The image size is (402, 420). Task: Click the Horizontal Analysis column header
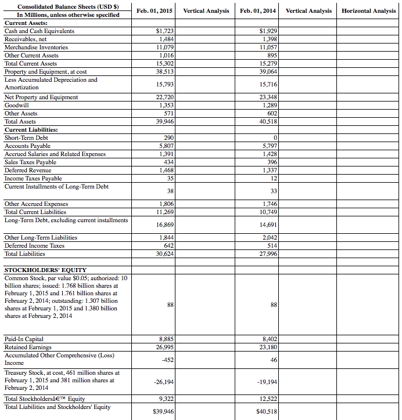click(x=369, y=11)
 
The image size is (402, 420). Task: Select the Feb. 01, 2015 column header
click(x=154, y=11)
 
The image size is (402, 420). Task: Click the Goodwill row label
click(x=17, y=105)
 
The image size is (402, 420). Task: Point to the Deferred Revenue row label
click(x=28, y=170)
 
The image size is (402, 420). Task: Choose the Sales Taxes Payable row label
click(x=30, y=162)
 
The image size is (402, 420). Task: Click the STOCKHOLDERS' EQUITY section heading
click(x=45, y=270)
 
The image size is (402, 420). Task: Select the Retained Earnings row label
click(x=28, y=347)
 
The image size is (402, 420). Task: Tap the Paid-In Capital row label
click(x=24, y=339)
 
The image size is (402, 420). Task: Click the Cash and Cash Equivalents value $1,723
click(x=165, y=31)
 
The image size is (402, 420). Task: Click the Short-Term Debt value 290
click(x=168, y=137)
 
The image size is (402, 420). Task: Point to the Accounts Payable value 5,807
click(x=166, y=146)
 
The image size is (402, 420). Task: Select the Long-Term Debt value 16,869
click(x=164, y=224)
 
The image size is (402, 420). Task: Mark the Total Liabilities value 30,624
click(x=164, y=254)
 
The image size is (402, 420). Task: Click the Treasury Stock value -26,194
click(x=164, y=382)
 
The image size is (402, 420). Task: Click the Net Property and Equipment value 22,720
click(x=164, y=97)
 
